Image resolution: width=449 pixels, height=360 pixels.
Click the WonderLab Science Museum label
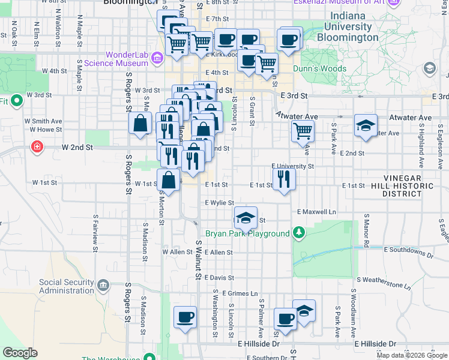pyautogui.click(x=127, y=58)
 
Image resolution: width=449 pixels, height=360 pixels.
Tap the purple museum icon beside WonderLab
pyautogui.click(x=157, y=58)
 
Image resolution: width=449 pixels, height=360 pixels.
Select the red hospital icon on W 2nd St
pyautogui.click(x=37, y=146)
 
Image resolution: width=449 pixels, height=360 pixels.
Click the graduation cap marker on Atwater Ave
pyautogui.click(x=365, y=126)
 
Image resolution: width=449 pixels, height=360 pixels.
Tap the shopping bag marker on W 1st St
pyautogui.click(x=169, y=179)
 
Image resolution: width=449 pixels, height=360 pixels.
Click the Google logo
pyautogui.click(x=20, y=353)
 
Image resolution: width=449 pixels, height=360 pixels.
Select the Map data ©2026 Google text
pyautogui.click(x=412, y=355)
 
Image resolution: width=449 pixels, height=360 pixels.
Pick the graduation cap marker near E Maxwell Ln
pyautogui.click(x=246, y=218)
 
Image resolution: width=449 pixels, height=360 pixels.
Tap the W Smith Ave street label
pyautogui.click(x=43, y=121)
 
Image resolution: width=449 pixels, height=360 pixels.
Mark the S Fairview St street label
pyautogui.click(x=95, y=230)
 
